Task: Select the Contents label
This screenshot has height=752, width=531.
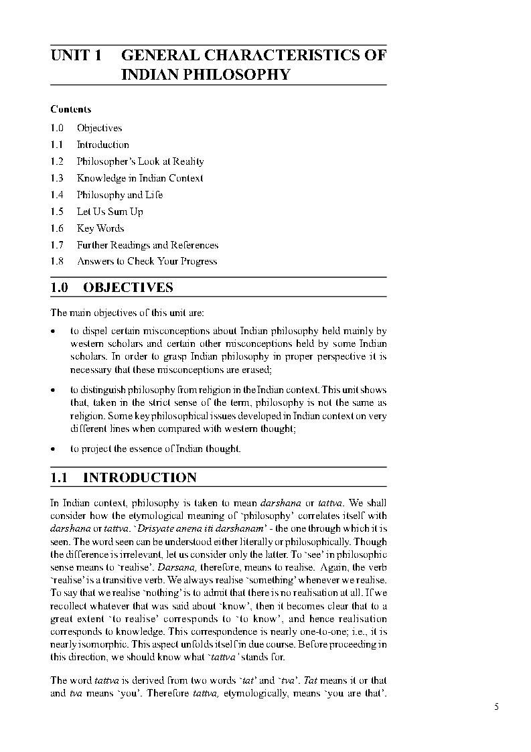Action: (x=71, y=109)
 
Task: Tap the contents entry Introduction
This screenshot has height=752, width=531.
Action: (x=102, y=145)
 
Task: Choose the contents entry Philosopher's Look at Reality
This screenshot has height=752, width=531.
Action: (x=140, y=161)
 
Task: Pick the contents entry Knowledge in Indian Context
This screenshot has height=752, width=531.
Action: (x=139, y=178)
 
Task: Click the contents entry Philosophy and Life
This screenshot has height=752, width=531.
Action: (x=119, y=195)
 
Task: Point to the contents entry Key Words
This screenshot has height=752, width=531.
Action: (x=100, y=228)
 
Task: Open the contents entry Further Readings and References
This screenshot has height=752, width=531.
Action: (x=147, y=245)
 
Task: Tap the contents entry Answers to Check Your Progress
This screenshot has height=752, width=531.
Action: (x=147, y=262)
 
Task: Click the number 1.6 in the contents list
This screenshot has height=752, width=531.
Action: (x=57, y=228)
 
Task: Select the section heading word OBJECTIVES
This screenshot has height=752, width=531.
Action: (x=128, y=288)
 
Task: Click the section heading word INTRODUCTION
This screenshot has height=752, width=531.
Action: (x=139, y=478)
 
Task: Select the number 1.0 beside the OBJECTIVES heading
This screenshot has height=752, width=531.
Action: (x=60, y=288)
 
